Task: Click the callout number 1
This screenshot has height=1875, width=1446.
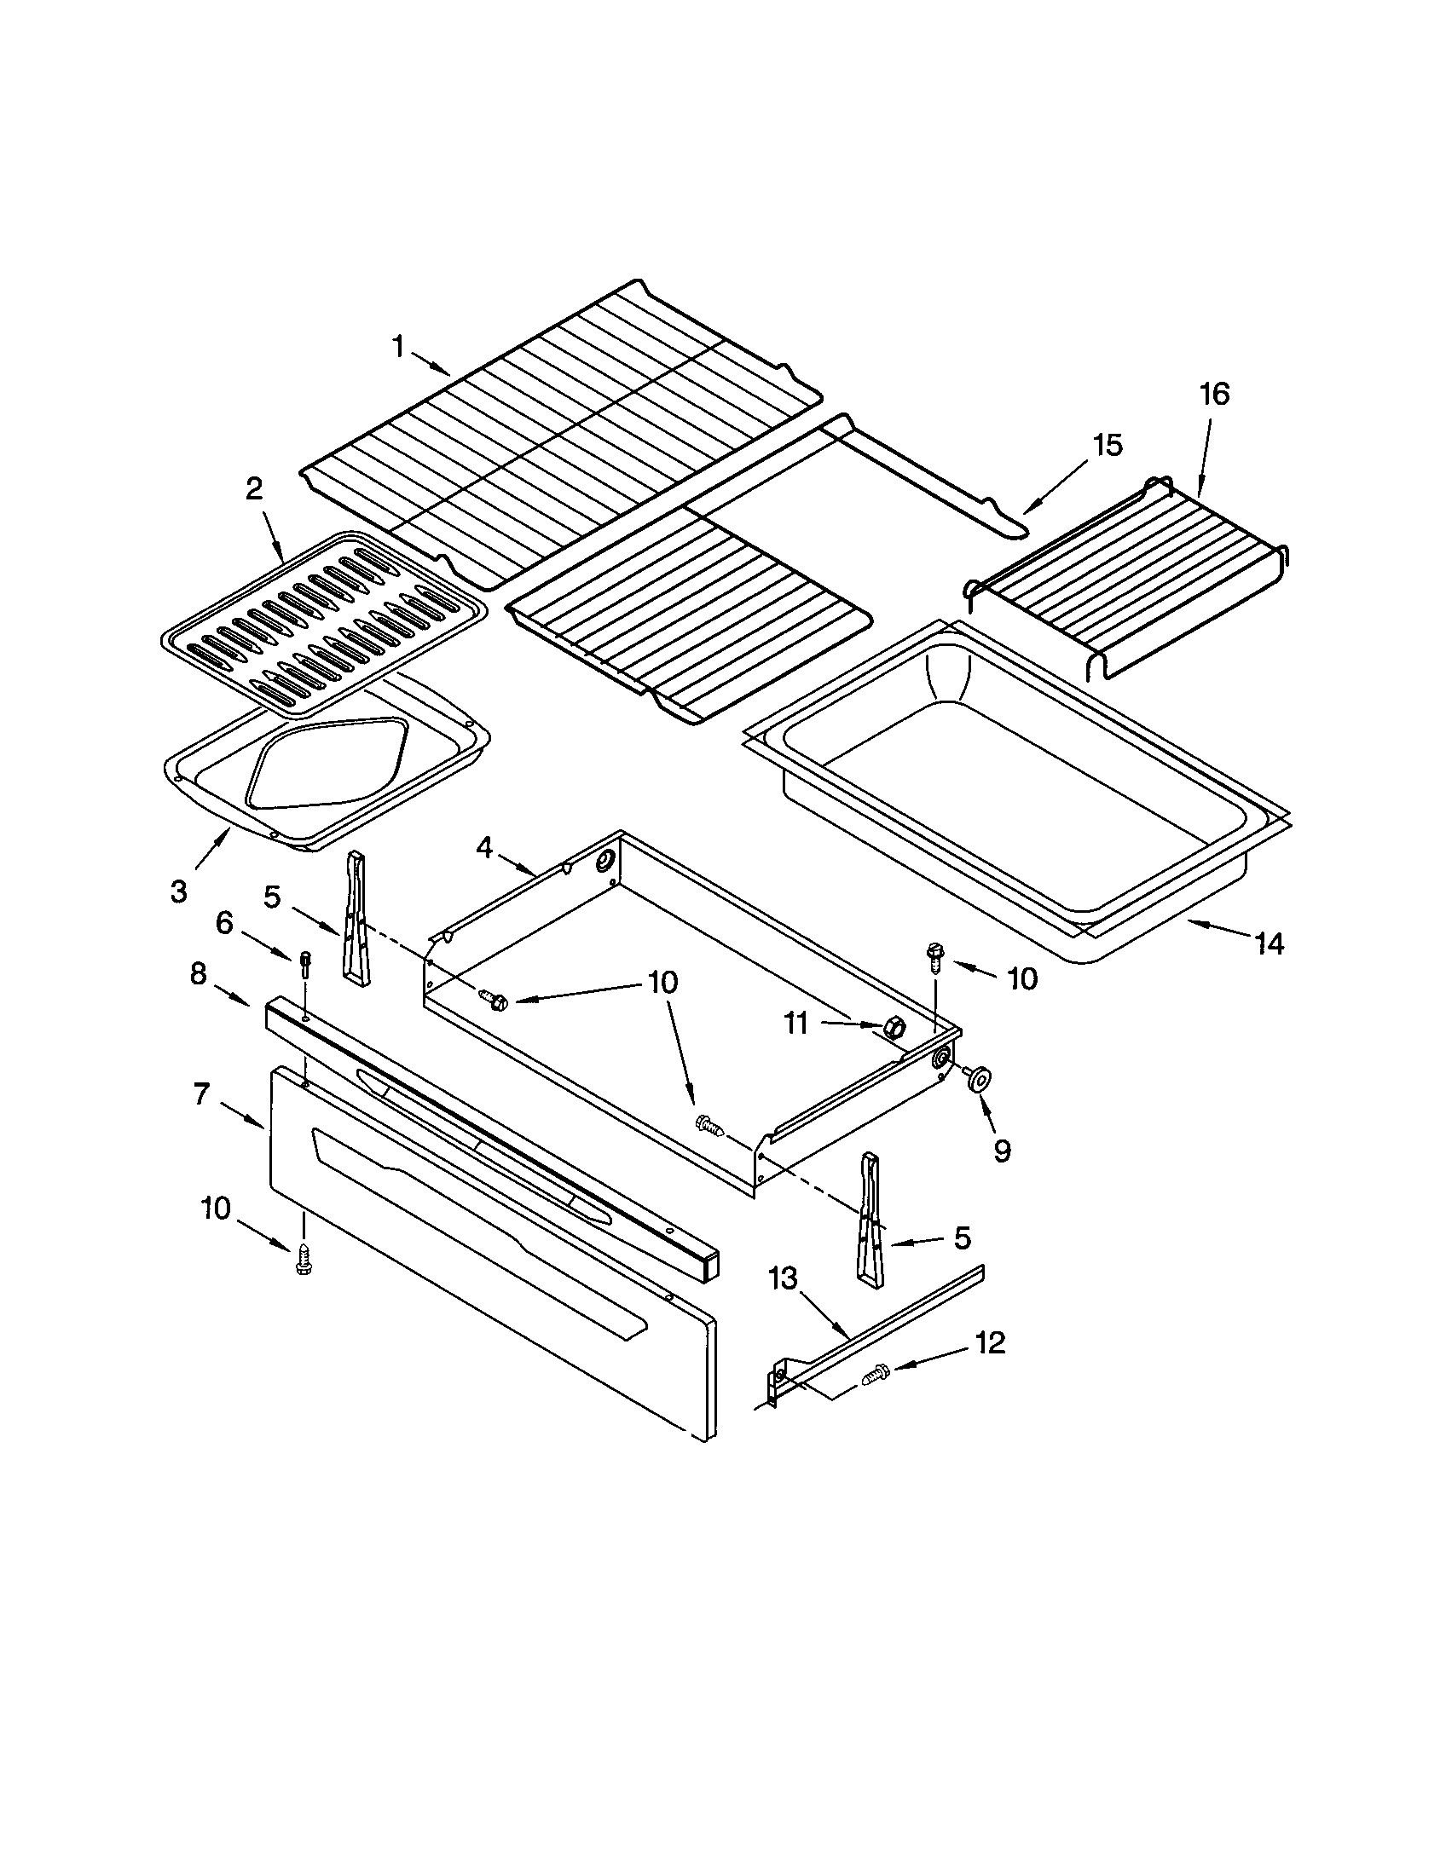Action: pyautogui.click(x=397, y=347)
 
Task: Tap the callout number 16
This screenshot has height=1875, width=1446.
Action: pyautogui.click(x=1214, y=394)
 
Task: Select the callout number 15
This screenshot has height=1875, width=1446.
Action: pyautogui.click(x=1107, y=446)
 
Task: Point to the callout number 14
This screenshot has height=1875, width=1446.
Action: pyautogui.click(x=1270, y=943)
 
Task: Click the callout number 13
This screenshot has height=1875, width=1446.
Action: pyautogui.click(x=782, y=1278)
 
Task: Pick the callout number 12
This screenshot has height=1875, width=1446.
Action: pyautogui.click(x=990, y=1343)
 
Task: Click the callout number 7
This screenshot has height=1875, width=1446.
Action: pyautogui.click(x=201, y=1094)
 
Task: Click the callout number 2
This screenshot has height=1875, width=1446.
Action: pyautogui.click(x=254, y=489)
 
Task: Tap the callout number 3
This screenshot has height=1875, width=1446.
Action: pyautogui.click(x=177, y=892)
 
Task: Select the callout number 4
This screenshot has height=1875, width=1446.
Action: pyautogui.click(x=484, y=848)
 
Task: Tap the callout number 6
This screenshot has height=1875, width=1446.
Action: pyautogui.click(x=224, y=923)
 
